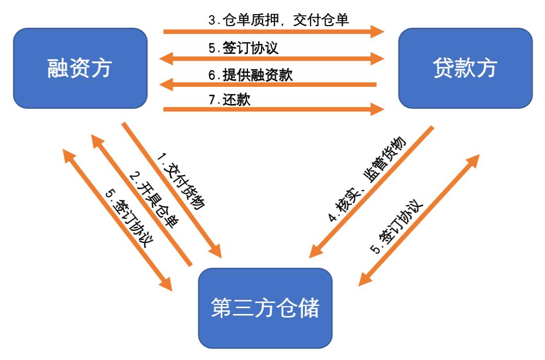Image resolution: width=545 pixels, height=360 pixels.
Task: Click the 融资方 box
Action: click(80, 69)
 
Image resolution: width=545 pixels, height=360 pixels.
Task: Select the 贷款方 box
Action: click(465, 69)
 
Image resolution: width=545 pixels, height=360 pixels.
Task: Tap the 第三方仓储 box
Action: click(265, 308)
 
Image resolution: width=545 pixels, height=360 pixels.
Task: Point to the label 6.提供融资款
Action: click(251, 75)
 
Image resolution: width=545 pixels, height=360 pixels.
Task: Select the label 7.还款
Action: click(230, 99)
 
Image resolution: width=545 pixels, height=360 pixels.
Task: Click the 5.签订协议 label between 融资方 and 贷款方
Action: click(243, 48)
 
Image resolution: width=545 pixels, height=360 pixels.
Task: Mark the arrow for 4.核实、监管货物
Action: click(371, 192)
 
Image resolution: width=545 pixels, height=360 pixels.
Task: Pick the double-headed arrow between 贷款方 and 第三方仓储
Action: click(418, 220)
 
